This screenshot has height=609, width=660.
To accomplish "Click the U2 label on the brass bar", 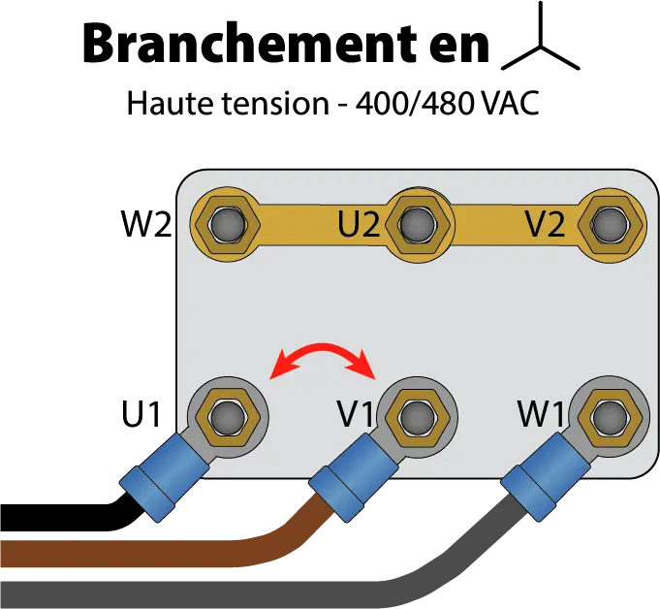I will [359, 225].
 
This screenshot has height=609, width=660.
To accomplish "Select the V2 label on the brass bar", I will [545, 225].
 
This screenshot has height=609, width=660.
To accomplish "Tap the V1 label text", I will [356, 414].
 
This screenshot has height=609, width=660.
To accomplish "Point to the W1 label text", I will [541, 414].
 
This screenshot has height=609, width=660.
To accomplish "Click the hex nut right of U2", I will [417, 224].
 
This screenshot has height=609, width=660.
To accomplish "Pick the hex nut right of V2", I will [608, 224].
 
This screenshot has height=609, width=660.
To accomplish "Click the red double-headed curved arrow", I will [323, 355].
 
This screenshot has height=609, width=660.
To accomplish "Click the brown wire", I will [145, 551].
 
